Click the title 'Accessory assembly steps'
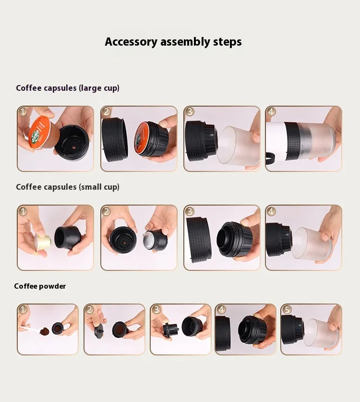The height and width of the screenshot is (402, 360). tap(173, 42)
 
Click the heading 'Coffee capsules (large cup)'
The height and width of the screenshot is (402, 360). tap(68, 88)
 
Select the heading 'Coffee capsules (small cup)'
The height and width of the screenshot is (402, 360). tap(68, 187)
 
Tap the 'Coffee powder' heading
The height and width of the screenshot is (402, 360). tap(40, 286)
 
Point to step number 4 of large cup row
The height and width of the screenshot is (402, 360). tap(271, 111)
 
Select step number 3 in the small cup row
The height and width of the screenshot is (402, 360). tap(190, 211)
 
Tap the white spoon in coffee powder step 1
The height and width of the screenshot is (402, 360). tap(30, 330)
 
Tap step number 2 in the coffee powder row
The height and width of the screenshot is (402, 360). tap(89, 309)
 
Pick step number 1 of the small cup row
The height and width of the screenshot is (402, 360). tap(23, 211)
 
